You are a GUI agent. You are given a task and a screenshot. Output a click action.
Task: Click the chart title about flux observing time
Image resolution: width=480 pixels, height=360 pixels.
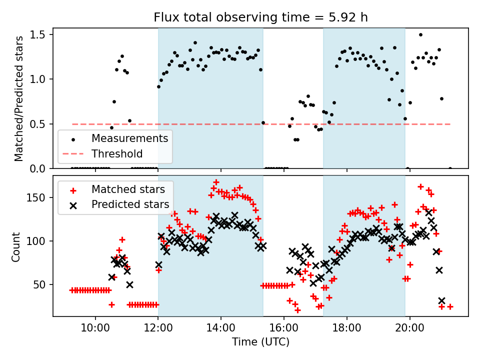point(260,18)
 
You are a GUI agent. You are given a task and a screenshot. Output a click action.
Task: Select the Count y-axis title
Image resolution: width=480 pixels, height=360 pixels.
point(16,246)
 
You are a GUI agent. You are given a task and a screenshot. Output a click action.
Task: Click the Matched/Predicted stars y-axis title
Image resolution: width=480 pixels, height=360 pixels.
point(19,98)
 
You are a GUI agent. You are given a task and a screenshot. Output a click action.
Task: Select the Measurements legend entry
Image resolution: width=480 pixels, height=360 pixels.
point(129,138)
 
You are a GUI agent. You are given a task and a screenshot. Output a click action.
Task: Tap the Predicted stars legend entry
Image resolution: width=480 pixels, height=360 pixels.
point(130,204)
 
